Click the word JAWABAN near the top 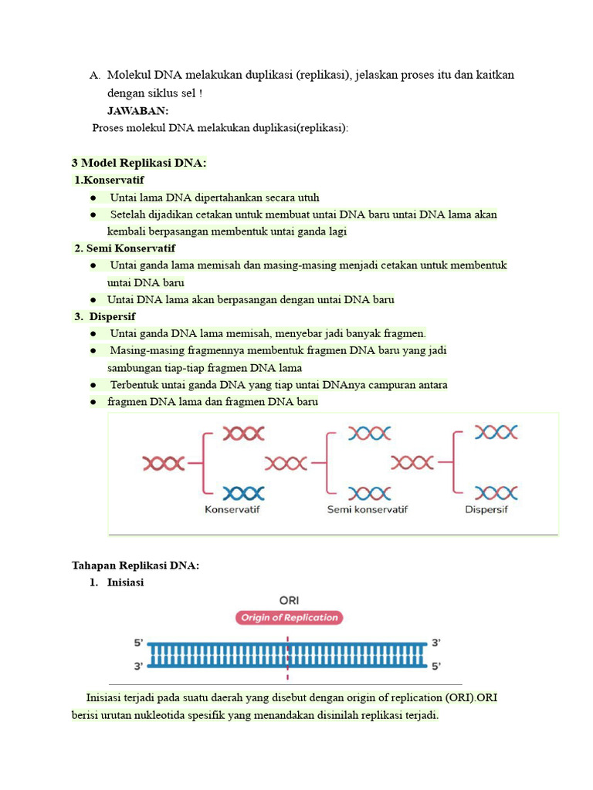pyautogui.click(x=137, y=110)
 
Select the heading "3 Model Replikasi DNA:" pyautogui.click(x=139, y=163)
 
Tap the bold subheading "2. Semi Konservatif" pyautogui.click(x=124, y=248)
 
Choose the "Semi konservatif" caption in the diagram pyautogui.click(x=368, y=509)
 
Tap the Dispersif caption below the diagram pyautogui.click(x=486, y=509)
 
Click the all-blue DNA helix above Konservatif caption pyautogui.click(x=244, y=492)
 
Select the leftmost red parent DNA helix pyautogui.click(x=164, y=463)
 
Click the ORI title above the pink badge pyautogui.click(x=289, y=599)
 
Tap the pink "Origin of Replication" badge pyautogui.click(x=289, y=617)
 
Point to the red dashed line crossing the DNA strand pyautogui.click(x=288, y=653)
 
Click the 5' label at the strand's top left pyautogui.click(x=139, y=643)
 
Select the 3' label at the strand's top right pyautogui.click(x=436, y=643)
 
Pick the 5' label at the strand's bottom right pyautogui.click(x=436, y=665)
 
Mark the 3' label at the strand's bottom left pyautogui.click(x=139, y=665)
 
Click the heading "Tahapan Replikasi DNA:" pyautogui.click(x=135, y=565)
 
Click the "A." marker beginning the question pyautogui.click(x=95, y=76)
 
